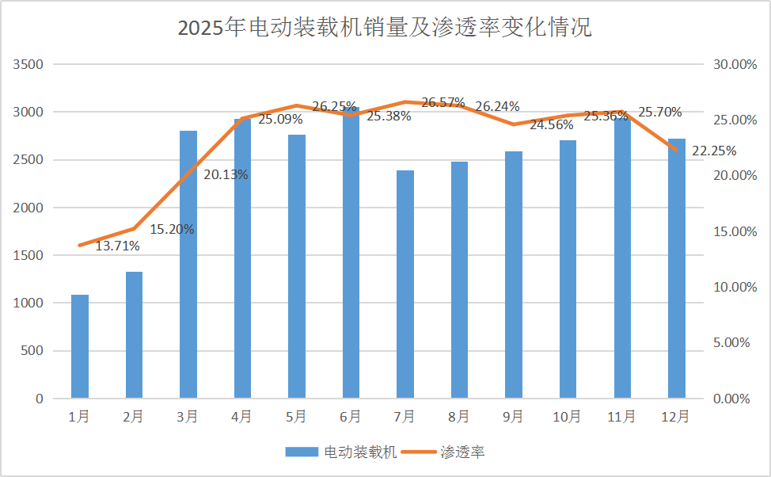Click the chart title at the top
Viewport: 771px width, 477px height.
pyautogui.click(x=385, y=28)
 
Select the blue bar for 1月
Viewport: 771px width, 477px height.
pyautogui.click(x=80, y=346)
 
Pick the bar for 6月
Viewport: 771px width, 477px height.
pyautogui.click(x=351, y=254)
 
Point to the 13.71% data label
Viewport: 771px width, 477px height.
pyautogui.click(x=118, y=246)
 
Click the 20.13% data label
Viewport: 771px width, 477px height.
pyautogui.click(x=226, y=175)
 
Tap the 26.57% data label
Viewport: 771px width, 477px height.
pyautogui.click(x=443, y=103)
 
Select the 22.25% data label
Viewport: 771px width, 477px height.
pyautogui.click(x=714, y=151)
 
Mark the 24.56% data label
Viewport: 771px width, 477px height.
pyautogui.click(x=552, y=125)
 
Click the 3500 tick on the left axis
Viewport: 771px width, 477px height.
pyautogui.click(x=28, y=64)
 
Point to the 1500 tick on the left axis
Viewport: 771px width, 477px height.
pyautogui.click(x=28, y=255)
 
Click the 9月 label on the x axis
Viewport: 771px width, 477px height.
pyautogui.click(x=513, y=417)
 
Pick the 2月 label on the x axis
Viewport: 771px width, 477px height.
pyautogui.click(x=134, y=417)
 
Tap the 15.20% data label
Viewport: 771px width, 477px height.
pyautogui.click(x=173, y=230)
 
